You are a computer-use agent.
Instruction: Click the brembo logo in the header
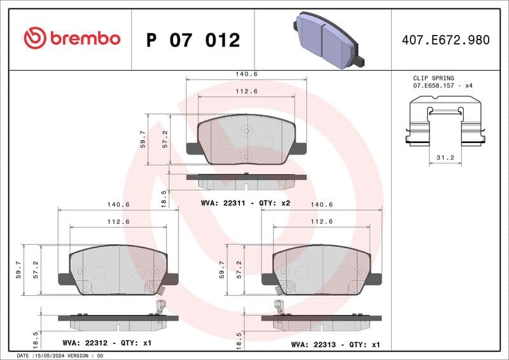click(71, 39)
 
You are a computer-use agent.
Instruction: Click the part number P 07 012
click(193, 40)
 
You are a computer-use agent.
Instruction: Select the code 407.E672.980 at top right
click(445, 40)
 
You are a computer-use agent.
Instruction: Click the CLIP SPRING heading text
click(434, 78)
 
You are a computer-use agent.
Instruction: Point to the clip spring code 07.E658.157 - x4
click(443, 85)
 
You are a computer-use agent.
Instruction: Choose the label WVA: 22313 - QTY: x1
click(335, 344)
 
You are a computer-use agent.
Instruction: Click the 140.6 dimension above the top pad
click(246, 74)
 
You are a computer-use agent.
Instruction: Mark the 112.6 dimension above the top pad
click(246, 91)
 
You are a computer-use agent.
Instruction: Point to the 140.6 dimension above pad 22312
click(118, 204)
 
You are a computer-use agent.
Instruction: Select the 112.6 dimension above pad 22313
click(322, 221)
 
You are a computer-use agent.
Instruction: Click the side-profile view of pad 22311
click(246, 181)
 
